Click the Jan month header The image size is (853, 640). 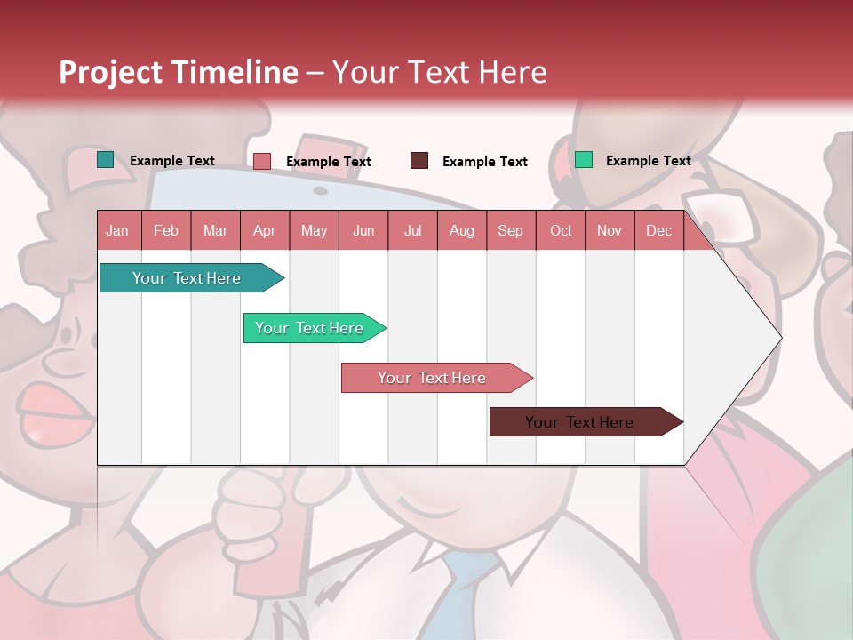click(x=117, y=231)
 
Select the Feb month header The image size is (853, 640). click(x=166, y=231)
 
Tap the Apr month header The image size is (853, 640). click(x=264, y=231)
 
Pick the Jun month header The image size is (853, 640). click(x=363, y=231)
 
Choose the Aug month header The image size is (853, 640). click(x=461, y=231)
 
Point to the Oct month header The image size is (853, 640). click(x=561, y=231)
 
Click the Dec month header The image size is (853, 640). click(x=658, y=231)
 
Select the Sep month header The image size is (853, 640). click(x=510, y=231)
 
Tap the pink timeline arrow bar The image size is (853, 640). click(x=433, y=378)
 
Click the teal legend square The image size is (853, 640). click(x=106, y=160)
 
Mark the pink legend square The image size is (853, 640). click(x=262, y=161)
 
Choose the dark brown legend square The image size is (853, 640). click(x=419, y=161)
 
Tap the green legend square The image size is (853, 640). click(x=584, y=160)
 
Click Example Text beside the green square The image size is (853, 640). click(x=648, y=161)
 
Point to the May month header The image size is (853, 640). click(x=314, y=231)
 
